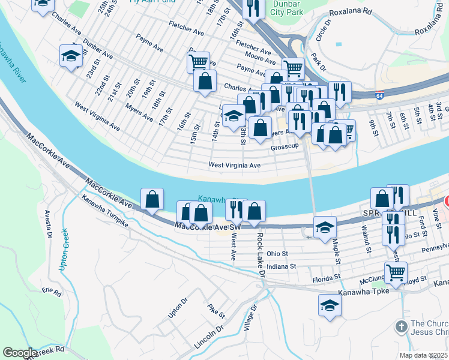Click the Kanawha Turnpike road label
tap(106, 211)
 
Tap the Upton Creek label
tap(63, 248)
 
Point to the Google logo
tap(20, 353)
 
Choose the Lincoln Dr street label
tap(208, 340)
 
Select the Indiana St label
tap(282, 266)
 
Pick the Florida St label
tap(327, 278)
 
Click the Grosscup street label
tap(285, 147)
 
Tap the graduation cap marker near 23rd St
tap(71, 56)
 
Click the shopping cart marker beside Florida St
tap(396, 272)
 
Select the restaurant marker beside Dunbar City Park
tap(253, 8)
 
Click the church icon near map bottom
tap(401, 327)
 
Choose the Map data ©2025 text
tap(423, 355)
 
